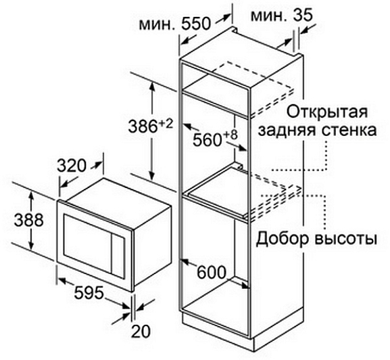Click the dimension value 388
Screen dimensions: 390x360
point(29,220)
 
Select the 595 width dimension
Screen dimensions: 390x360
point(89,292)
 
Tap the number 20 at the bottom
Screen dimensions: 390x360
point(141,331)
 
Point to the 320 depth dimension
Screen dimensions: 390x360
point(72,166)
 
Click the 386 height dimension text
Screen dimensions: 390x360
point(143,127)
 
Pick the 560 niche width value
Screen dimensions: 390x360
point(208,139)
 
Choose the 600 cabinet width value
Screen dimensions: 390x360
point(212,272)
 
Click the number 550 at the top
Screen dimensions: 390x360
point(196,24)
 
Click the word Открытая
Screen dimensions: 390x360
point(327,112)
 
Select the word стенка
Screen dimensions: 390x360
point(349,131)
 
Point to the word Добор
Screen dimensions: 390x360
point(283,238)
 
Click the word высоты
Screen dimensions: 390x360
point(345,239)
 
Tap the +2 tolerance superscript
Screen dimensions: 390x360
point(166,124)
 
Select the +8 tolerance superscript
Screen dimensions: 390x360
point(230,135)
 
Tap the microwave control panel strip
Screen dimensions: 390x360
point(118,256)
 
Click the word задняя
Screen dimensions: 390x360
point(288,131)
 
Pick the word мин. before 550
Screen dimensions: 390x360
point(158,24)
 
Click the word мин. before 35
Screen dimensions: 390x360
point(270,16)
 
